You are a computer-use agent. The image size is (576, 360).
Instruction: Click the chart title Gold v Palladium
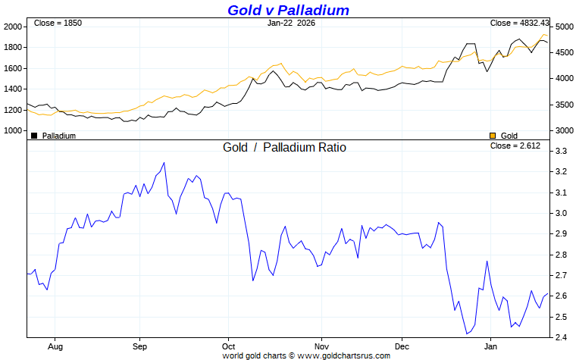tap(289, 10)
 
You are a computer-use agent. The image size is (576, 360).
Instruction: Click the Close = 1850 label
tap(58, 23)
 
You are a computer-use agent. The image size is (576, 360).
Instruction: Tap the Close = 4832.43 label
tap(519, 23)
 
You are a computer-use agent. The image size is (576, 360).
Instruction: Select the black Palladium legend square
tap(34, 135)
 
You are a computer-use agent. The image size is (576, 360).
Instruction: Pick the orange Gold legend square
tap(493, 135)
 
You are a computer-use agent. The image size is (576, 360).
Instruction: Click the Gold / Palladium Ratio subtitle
tap(284, 147)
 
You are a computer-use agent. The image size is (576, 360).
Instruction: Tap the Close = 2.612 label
tap(515, 146)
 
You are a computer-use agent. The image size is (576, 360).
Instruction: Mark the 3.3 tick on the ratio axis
tap(562, 152)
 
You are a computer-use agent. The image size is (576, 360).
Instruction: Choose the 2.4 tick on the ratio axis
tap(562, 337)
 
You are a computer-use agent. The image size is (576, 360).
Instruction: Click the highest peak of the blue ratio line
tap(164, 162)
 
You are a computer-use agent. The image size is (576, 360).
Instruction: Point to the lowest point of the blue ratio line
tap(467, 333)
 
